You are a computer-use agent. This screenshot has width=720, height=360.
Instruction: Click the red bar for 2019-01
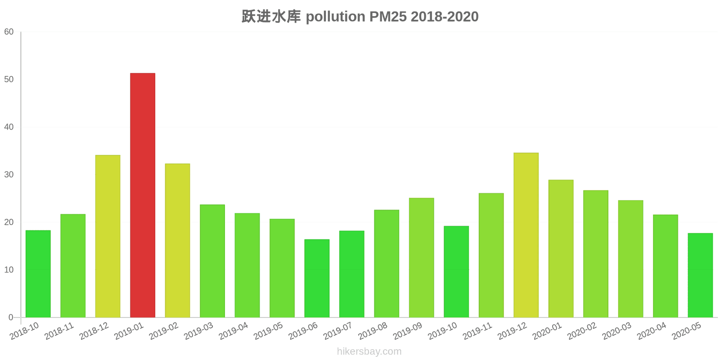point(143,195)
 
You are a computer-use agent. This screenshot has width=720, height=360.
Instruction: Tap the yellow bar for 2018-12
point(108,236)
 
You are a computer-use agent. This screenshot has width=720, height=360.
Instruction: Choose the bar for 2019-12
point(526,235)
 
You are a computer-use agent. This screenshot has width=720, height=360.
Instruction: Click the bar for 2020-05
point(700,275)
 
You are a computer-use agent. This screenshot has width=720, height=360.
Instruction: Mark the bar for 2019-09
point(421,257)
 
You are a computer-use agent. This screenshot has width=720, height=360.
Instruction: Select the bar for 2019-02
point(177,240)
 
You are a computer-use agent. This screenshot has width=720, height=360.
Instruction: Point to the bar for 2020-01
point(561,248)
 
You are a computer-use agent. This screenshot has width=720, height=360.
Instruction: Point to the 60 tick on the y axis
point(9,32)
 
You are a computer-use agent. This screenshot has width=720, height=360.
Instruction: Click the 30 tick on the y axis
point(9,175)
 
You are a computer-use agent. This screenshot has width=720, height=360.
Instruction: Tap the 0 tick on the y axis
point(11,317)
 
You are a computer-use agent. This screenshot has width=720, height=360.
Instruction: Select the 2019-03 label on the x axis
point(199,331)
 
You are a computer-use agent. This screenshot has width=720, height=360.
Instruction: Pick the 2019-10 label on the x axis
point(443,331)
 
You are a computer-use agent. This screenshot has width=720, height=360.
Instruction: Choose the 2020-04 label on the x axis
point(652,331)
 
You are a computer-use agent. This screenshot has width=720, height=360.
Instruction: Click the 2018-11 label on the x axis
point(59,331)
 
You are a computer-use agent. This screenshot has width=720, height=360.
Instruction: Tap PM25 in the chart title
point(388,17)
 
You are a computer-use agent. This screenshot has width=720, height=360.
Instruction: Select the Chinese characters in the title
point(271,17)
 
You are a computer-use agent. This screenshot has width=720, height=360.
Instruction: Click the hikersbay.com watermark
point(369,351)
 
